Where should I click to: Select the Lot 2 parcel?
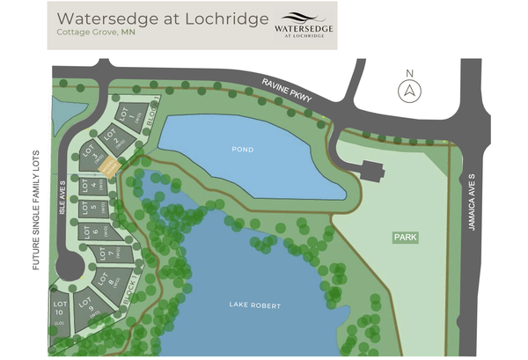tap(111, 136)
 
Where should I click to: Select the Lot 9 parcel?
tap(86, 308)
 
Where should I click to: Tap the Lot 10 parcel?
tap(60, 315)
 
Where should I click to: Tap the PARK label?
tap(406, 238)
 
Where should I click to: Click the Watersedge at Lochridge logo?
tap(304, 25)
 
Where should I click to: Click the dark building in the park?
tap(370, 170)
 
